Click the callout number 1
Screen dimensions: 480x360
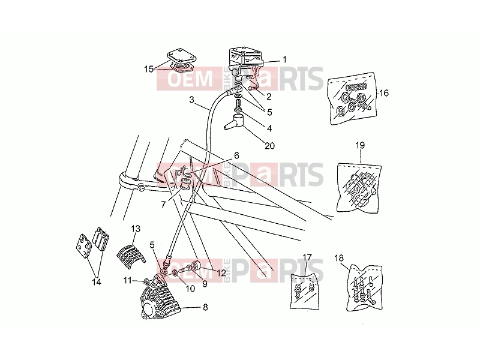(x=284, y=59)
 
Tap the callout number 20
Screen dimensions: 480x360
(x=269, y=146)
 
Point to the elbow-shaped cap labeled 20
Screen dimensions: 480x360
(x=235, y=122)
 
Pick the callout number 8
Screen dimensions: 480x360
(x=205, y=307)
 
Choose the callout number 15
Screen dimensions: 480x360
(x=149, y=69)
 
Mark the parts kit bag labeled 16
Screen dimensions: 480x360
(x=352, y=98)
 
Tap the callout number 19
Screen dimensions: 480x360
(x=360, y=145)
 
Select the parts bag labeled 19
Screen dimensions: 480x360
(x=359, y=187)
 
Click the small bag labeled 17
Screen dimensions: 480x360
(x=304, y=292)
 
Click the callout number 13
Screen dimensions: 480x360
(x=136, y=229)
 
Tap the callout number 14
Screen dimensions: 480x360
(x=97, y=282)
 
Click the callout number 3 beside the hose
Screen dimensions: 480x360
(x=191, y=100)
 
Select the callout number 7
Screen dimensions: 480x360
(x=163, y=204)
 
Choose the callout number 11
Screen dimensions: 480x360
(x=128, y=280)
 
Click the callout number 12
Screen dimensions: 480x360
(x=221, y=272)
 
